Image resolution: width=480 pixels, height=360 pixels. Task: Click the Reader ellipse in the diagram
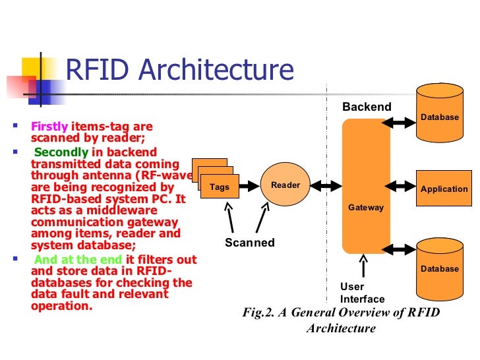tap(285, 185)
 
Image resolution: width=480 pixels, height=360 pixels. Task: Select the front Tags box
tap(220, 187)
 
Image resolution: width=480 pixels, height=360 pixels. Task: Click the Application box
tap(444, 189)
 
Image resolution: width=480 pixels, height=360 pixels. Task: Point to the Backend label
tap(367, 107)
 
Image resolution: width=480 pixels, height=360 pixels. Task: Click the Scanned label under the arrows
tap(250, 243)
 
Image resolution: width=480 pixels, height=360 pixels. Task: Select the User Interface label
tap(357, 293)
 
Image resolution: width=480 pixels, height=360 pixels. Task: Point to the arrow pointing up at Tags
tap(229, 217)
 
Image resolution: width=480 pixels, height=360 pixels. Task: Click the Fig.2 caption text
tap(341, 320)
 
